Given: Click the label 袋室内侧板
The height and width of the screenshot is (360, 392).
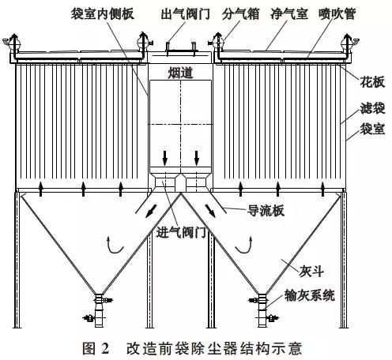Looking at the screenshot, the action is [x=103, y=13].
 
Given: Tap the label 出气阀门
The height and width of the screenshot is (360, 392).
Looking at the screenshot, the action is [x=186, y=13].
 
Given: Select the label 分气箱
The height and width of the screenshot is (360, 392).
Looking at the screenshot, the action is [x=240, y=13].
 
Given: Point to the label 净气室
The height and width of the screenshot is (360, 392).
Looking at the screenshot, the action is [x=289, y=13].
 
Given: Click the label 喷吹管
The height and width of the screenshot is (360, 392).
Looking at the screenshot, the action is [x=337, y=13].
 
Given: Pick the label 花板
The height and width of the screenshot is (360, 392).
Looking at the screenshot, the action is [x=372, y=82].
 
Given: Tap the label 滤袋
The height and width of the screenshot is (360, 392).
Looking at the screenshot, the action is [x=372, y=108].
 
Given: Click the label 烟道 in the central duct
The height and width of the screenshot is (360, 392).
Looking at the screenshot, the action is [x=180, y=73].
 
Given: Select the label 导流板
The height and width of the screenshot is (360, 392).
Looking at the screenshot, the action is [x=266, y=211].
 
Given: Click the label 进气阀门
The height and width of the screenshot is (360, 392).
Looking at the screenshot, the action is [x=181, y=232].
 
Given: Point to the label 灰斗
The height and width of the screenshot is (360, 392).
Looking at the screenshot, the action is [x=311, y=271].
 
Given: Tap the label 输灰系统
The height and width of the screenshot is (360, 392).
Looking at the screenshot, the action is [x=310, y=295].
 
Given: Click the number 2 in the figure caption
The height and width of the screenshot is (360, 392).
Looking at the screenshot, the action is [x=105, y=348].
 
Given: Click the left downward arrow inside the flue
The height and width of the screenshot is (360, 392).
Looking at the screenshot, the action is [x=165, y=158].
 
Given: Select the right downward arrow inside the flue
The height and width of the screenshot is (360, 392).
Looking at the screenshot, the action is [x=197, y=158].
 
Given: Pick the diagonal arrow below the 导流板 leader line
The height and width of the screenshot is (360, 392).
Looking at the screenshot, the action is [x=210, y=211].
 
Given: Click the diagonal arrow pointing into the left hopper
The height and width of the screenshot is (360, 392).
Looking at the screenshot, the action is [x=151, y=211].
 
